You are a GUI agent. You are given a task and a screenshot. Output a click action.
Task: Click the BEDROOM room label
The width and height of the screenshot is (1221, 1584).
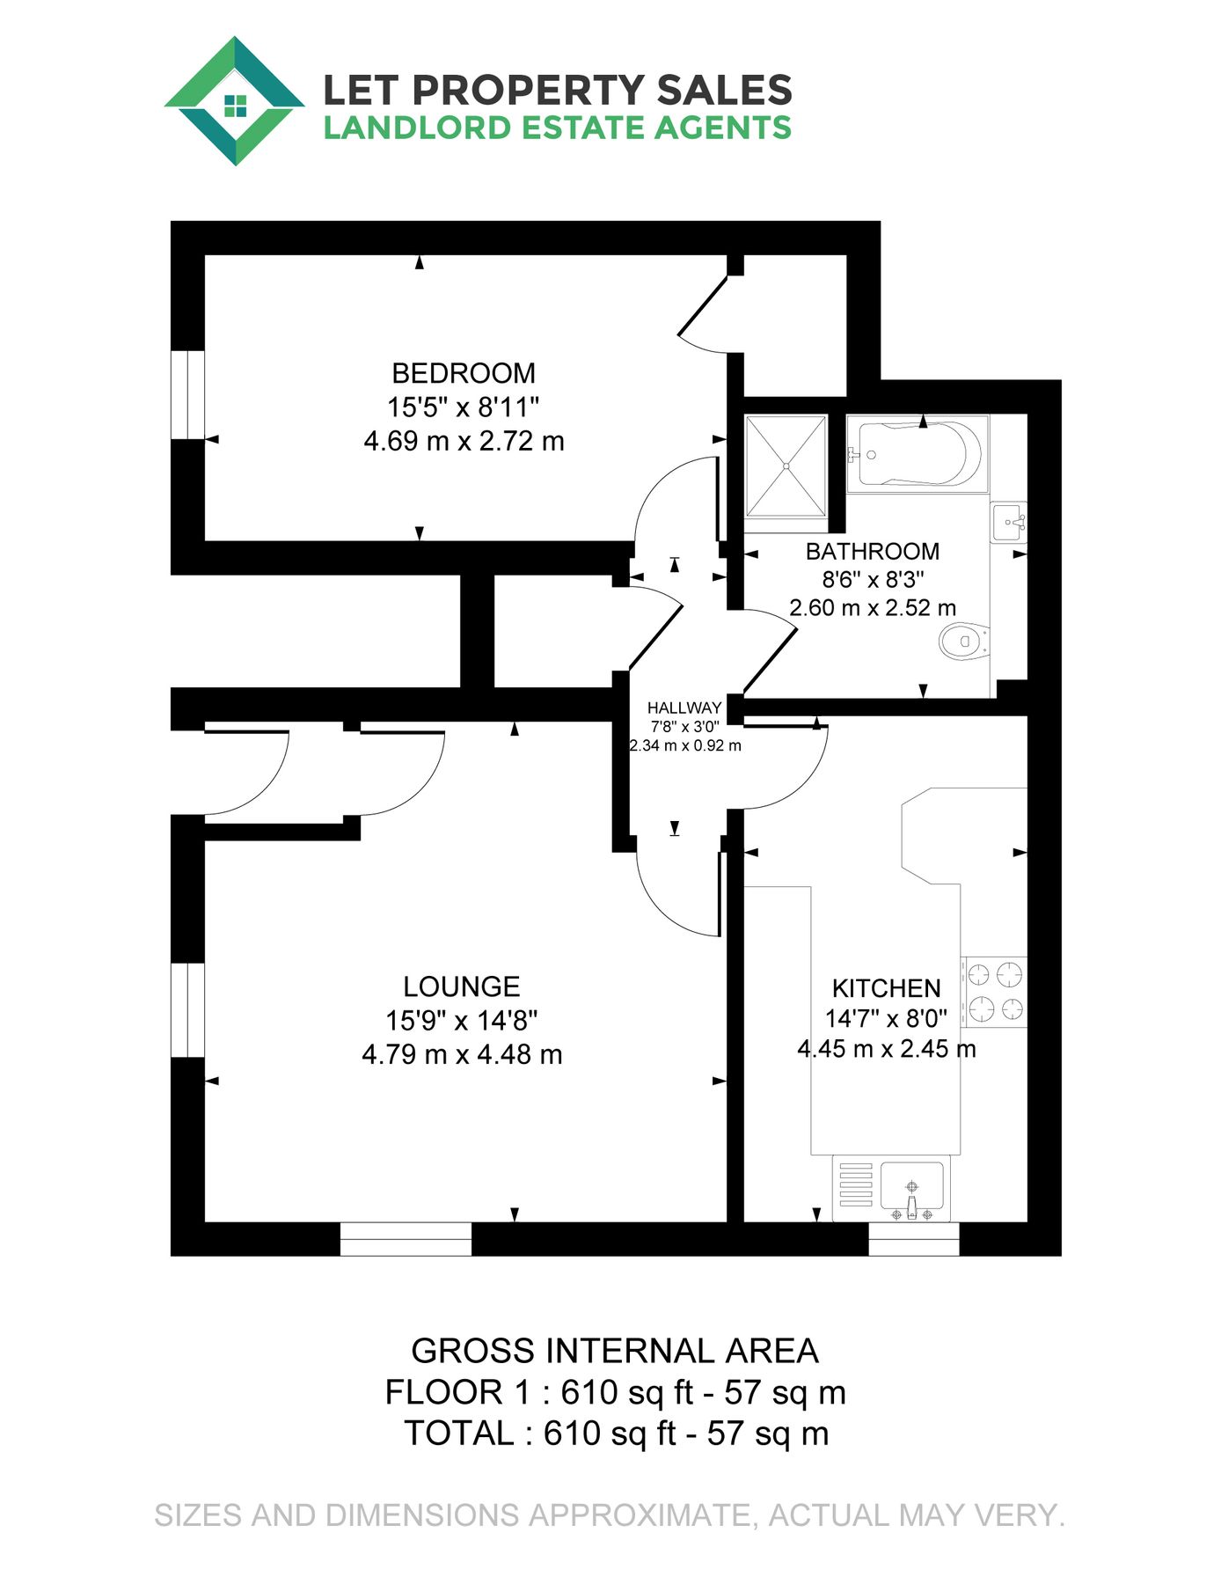pos(463,373)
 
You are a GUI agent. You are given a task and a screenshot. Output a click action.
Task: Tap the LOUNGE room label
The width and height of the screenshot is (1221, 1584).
pos(461,986)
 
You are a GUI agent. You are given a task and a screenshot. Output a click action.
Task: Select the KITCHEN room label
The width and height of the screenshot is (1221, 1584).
pos(886,988)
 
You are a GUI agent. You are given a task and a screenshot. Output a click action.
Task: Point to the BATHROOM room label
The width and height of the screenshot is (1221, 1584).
pos(872,552)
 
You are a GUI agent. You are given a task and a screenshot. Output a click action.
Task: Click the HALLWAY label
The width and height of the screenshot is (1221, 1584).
pos(684,708)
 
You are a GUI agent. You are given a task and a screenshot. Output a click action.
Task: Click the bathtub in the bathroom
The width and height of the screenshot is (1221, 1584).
pos(917,453)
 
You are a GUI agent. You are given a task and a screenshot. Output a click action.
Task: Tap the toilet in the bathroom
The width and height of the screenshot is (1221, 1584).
pos(964,641)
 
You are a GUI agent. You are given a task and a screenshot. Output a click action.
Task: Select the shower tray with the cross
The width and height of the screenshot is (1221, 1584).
pos(786,466)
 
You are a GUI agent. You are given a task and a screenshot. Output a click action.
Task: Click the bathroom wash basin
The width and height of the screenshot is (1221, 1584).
pos(1008,523)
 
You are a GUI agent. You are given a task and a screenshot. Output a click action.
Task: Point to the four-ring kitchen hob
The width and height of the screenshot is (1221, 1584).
pos(994,992)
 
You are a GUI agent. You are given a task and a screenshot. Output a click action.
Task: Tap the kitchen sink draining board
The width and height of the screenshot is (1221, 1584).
pos(855,1184)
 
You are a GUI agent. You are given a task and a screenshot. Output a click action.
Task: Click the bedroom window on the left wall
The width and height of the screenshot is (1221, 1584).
pos(187,394)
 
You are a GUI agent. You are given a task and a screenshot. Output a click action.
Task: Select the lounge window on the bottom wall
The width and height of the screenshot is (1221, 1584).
pos(406,1238)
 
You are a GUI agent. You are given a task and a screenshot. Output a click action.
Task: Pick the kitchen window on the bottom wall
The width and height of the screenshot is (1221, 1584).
pos(913,1238)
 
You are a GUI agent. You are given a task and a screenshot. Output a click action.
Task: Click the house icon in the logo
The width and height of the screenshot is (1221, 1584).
pos(234,106)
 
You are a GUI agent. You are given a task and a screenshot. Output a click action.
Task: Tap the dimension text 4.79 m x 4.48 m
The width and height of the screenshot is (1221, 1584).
pos(462,1054)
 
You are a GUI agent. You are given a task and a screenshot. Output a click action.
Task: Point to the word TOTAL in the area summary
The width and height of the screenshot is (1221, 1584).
pos(459,1434)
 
